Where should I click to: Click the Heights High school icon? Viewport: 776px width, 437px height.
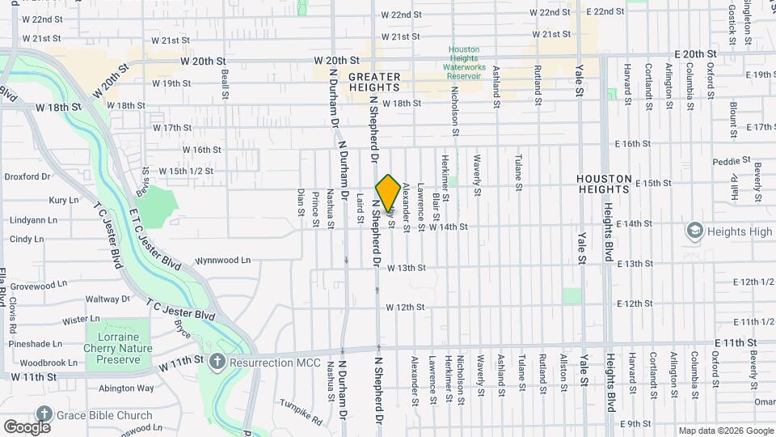(x=694, y=231)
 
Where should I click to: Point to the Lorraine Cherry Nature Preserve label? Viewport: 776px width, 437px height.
(x=119, y=343)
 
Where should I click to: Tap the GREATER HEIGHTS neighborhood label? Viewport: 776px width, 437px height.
(x=374, y=82)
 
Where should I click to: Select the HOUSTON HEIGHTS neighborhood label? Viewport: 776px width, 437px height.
(x=604, y=184)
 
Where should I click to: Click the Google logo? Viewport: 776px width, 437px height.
(x=26, y=426)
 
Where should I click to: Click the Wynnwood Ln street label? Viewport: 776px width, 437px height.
(x=223, y=261)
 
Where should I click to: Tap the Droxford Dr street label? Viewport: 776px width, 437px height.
(x=27, y=176)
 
